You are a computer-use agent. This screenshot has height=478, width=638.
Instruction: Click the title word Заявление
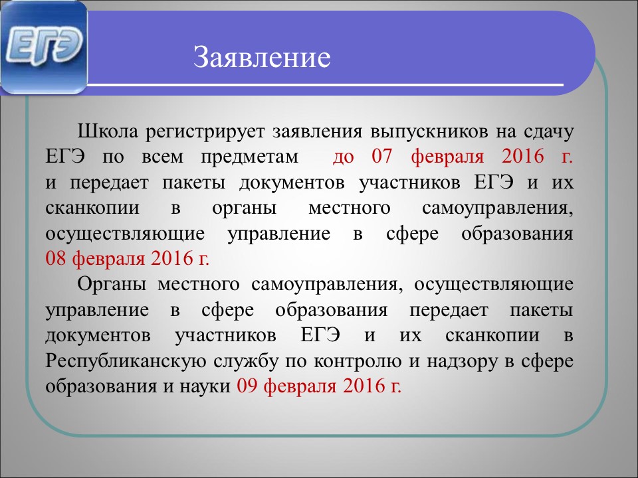(x=262, y=58)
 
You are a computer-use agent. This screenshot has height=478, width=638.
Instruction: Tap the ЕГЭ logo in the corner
(x=44, y=48)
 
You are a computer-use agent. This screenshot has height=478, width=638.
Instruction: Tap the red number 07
(x=381, y=157)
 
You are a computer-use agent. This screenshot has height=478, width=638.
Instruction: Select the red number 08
(x=56, y=258)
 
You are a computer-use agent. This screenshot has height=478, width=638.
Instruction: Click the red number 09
(x=247, y=386)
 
